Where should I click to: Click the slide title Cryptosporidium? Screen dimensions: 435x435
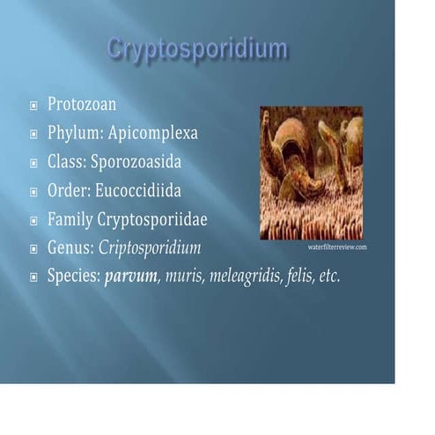[x=197, y=48]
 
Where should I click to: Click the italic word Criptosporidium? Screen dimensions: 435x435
[x=150, y=247]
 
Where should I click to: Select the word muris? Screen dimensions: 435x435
[x=179, y=276]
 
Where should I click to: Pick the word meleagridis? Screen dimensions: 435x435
[x=245, y=276]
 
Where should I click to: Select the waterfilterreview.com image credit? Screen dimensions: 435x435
[x=337, y=247]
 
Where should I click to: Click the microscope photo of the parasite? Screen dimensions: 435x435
[x=311, y=173]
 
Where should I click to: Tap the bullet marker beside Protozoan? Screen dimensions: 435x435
[x=33, y=106]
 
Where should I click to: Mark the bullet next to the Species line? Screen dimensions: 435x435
[x=33, y=276]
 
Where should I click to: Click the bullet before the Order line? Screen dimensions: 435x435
[x=33, y=191]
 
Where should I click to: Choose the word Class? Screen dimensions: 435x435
[x=67, y=162]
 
